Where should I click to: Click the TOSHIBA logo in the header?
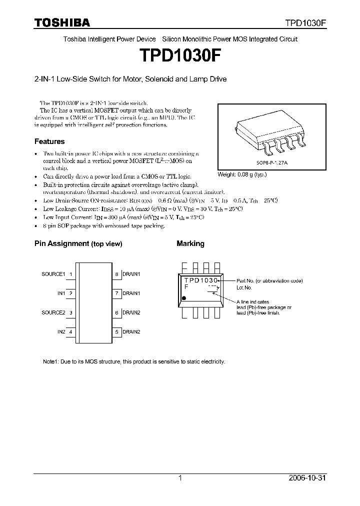point(62,22)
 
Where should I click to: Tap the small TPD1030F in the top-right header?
point(305,23)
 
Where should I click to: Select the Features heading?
point(49,141)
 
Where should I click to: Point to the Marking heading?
point(190,243)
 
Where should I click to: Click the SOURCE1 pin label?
point(53,274)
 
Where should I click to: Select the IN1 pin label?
point(61,293)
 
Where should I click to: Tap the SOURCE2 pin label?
point(53,312)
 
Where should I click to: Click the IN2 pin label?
point(61,331)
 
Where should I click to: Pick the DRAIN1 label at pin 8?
point(131,274)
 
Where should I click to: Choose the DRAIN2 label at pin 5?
point(131,331)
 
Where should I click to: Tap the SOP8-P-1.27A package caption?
point(272,162)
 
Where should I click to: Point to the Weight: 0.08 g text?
point(242,174)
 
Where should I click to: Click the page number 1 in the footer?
point(180,478)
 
